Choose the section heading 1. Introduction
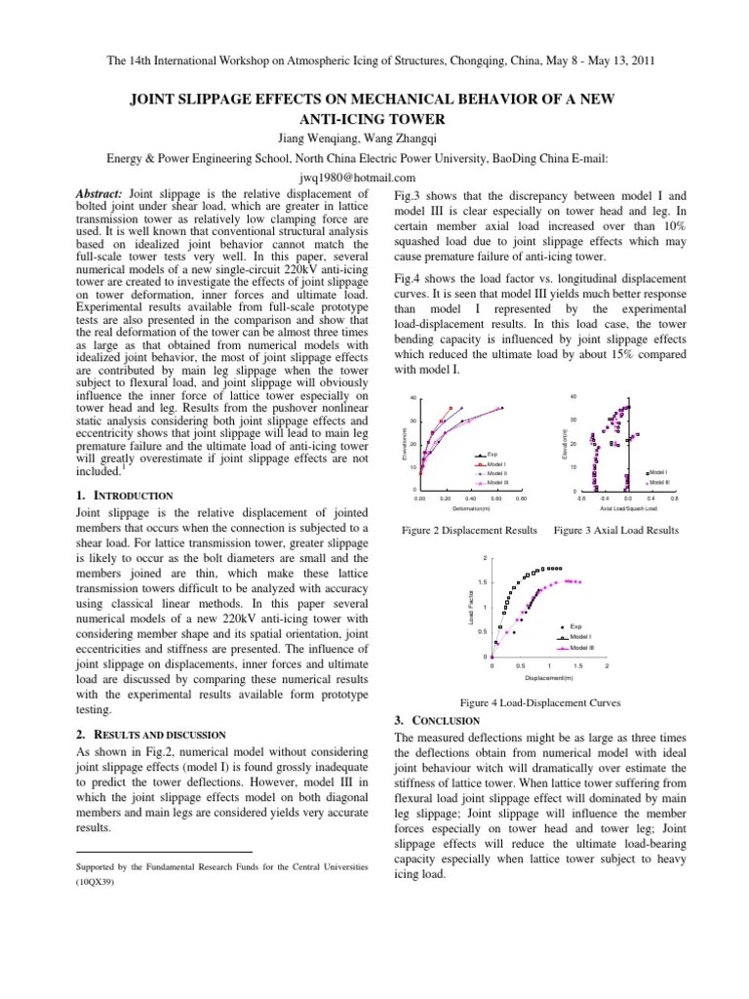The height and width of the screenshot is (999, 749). tap(124, 496)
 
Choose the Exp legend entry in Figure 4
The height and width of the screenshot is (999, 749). tap(575, 625)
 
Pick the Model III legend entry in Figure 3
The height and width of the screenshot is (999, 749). tap(659, 481)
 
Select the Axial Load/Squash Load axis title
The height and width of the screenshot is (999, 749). tap(628, 508)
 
